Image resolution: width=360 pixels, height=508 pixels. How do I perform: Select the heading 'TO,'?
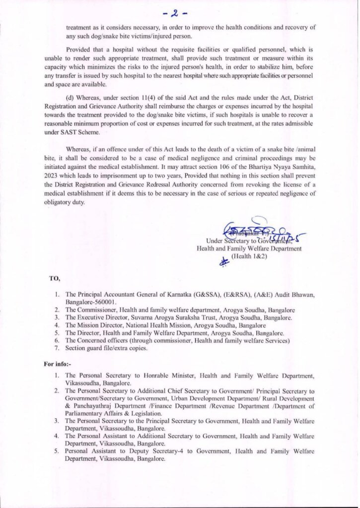coord(54,278)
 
